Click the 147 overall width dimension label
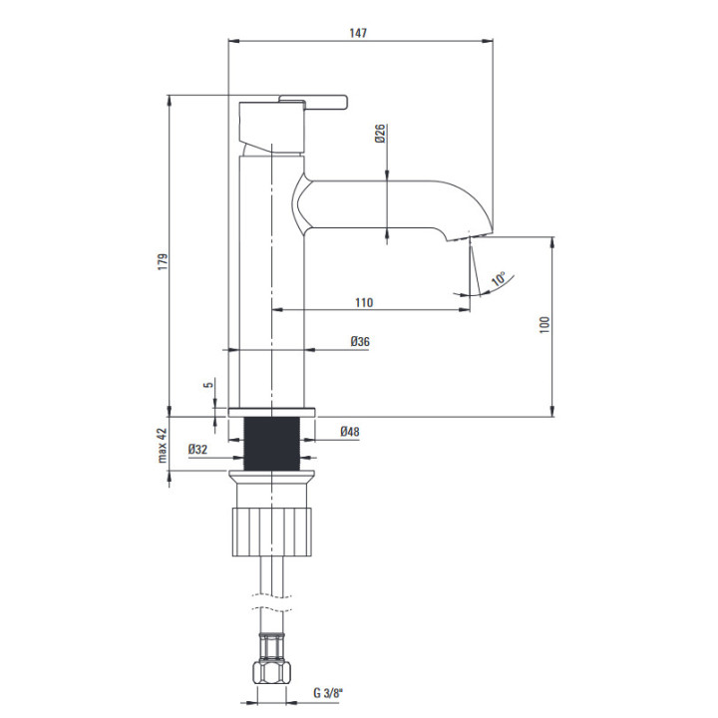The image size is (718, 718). coord(358,33)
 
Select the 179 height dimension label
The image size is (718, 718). coord(163,261)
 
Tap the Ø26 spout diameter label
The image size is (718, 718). coord(380,134)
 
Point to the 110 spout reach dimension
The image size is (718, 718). coord(364,302)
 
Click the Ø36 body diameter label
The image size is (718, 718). coord(360,342)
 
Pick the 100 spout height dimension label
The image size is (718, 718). coord(544,324)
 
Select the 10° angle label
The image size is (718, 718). coord(499,279)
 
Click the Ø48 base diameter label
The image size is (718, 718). coord(350,432)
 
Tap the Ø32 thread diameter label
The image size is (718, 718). coord(197,449)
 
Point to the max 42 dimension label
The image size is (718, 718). coord(163,446)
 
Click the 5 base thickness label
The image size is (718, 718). coord(208,385)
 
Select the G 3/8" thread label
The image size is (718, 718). coord(328,693)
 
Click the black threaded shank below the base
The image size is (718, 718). coord(272,444)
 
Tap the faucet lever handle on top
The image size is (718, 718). coord(314,102)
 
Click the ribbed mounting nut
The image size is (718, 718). coord(272,532)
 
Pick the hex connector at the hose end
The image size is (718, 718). coord(272,672)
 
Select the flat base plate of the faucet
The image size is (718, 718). coord(272,412)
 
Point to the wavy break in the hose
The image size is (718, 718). coord(272,602)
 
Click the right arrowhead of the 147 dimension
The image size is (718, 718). coord(488,41)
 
